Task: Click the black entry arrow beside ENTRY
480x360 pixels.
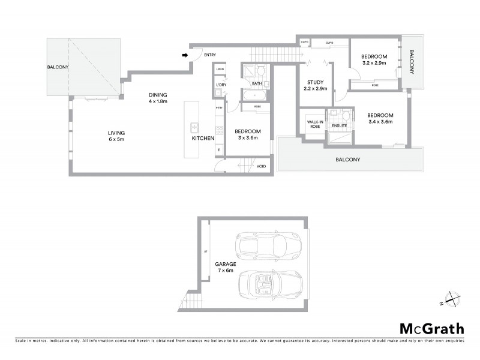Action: [x=185, y=55]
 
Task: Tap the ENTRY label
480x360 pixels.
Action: [x=209, y=55]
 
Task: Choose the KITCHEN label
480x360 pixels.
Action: [x=203, y=139]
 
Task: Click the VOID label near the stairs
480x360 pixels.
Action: [x=261, y=166]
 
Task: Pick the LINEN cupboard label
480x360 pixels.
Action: [x=220, y=70]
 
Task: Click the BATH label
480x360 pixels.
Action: [x=256, y=83]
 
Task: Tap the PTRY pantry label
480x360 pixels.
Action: [x=219, y=108]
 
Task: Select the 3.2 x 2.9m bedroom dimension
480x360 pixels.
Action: [x=374, y=62]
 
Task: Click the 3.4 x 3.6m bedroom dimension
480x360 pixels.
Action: [x=380, y=122]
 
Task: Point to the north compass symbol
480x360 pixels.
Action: [x=451, y=299]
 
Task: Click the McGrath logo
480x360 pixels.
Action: [x=431, y=328]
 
